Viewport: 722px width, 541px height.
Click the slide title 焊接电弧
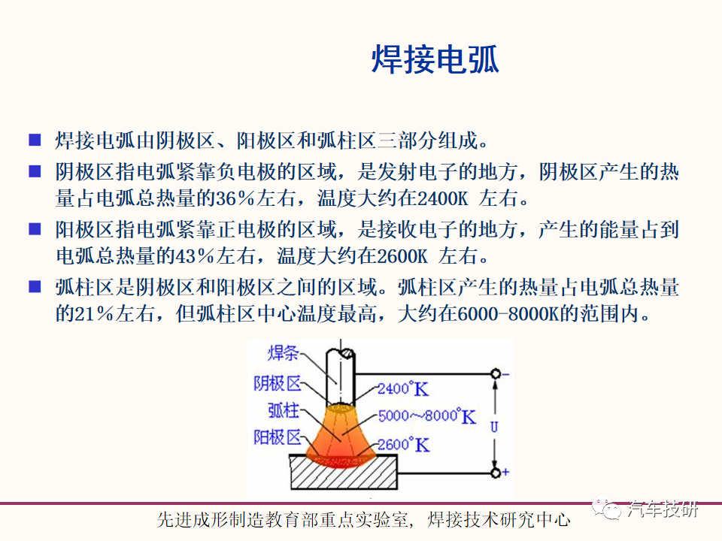click(x=435, y=60)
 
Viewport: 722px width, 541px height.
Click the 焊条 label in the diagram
click(x=284, y=353)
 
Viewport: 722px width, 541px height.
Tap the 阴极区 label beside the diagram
click(x=278, y=383)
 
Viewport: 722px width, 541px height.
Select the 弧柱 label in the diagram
click(x=284, y=410)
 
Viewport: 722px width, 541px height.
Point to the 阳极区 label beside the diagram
click(x=278, y=437)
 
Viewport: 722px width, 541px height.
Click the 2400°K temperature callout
click(x=403, y=388)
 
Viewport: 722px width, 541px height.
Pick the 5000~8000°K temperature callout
click(x=427, y=416)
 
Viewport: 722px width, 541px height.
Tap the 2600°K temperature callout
click(x=403, y=444)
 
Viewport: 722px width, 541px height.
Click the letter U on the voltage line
click(x=494, y=427)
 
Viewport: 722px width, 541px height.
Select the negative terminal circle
click(x=496, y=373)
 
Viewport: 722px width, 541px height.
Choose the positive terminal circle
click(x=496, y=473)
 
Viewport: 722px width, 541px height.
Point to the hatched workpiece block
click(x=344, y=473)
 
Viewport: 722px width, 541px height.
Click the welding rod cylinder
click(x=340, y=377)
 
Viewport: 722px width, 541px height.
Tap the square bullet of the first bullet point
click(x=35, y=140)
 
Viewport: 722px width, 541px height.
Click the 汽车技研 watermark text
click(x=663, y=509)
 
